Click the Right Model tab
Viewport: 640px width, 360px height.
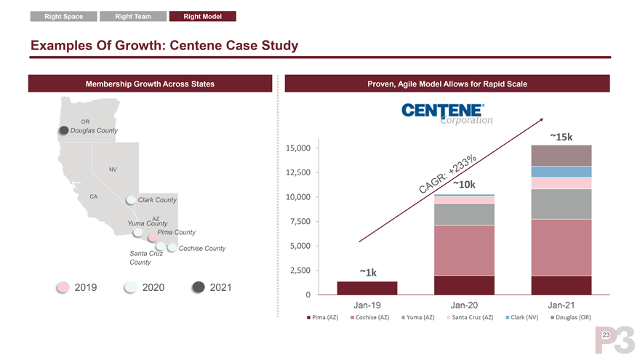[202, 17]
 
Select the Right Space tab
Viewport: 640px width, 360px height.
[64, 17]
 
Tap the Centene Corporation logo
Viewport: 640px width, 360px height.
[445, 113]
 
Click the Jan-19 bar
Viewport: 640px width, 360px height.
[367, 288]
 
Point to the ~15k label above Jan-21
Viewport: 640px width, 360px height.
[561, 137]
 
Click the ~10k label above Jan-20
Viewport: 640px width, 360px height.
[464, 185]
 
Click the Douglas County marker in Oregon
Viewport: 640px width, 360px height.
[63, 131]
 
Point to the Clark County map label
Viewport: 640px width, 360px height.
[162, 200]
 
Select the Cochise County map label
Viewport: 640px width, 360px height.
[201, 249]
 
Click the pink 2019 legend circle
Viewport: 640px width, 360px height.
[63, 287]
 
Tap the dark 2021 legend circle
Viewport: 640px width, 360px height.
[197, 287]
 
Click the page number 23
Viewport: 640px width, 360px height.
[604, 333]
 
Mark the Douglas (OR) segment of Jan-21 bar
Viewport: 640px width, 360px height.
[561, 156]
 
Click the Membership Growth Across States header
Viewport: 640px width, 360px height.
[150, 84]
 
